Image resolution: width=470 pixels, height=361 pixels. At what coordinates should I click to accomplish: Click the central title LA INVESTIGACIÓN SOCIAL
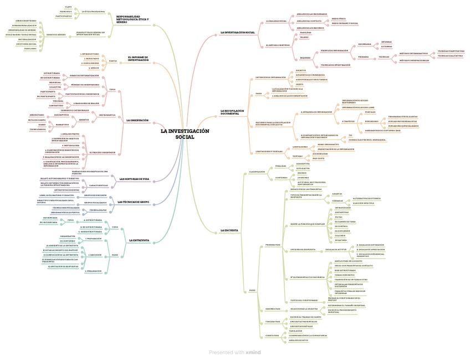tap(185, 134)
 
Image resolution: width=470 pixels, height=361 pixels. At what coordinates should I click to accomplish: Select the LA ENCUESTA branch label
tap(229, 230)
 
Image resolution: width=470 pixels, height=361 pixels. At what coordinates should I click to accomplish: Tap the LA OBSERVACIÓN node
tap(137, 120)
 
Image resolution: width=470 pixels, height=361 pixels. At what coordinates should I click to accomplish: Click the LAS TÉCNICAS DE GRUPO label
tap(133, 202)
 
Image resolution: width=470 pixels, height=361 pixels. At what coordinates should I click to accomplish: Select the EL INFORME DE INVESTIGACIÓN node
tap(138, 59)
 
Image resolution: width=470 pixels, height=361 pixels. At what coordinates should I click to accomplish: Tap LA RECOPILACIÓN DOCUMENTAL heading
tap(232, 112)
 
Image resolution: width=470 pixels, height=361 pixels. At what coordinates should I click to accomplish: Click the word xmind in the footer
tap(253, 352)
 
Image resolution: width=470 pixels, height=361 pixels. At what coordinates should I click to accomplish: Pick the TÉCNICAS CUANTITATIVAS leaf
tap(451, 51)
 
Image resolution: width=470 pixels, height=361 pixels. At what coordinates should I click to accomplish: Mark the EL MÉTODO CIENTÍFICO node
tap(278, 45)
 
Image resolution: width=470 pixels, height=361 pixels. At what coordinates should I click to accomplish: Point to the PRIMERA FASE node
tap(273, 244)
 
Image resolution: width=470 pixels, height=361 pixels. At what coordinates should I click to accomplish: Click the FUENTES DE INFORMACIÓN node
tap(334, 50)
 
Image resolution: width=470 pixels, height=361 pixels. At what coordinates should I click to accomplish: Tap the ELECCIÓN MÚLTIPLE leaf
tap(364, 203)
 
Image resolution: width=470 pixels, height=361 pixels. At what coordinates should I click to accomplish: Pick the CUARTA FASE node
tap(272, 336)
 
